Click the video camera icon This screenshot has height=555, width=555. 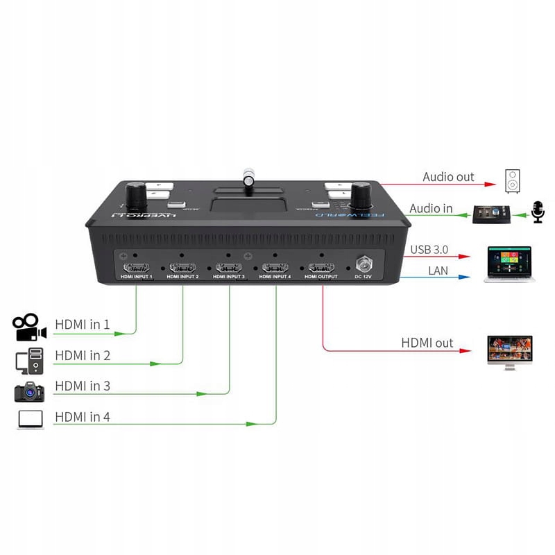28,327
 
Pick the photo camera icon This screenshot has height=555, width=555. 28,391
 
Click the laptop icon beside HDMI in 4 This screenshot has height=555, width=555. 28,420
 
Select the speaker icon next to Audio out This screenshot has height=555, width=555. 511,181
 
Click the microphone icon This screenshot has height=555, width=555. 538,212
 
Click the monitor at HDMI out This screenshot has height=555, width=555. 510,352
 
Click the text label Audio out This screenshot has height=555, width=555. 448,177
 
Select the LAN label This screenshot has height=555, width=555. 438,271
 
